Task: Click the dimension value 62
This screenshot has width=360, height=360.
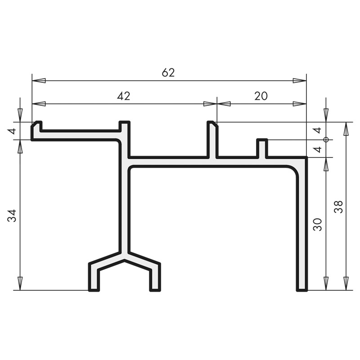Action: click(168, 72)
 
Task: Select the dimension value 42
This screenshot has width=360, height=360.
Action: click(123, 96)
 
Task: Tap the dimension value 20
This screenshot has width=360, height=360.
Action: click(261, 96)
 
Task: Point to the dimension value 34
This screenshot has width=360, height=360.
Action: click(12, 216)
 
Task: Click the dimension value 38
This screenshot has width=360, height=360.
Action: click(338, 207)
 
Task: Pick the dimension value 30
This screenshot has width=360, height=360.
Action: click(318, 225)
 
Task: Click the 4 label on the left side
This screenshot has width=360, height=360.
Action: click(12, 131)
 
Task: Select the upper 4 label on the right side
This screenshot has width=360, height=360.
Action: click(318, 130)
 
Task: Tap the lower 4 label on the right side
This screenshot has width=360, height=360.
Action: click(318, 149)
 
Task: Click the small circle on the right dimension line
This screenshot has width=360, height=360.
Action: click(326, 139)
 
